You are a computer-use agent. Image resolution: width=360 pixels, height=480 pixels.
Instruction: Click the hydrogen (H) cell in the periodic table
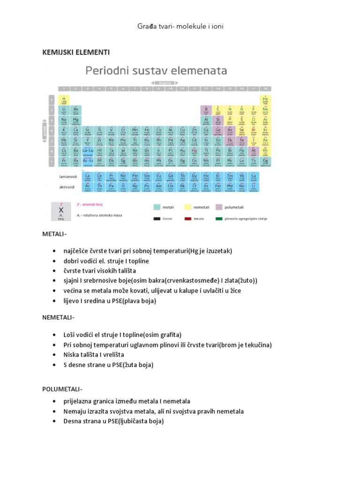[x=63, y=99]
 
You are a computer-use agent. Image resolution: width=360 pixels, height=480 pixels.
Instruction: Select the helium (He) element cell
[x=265, y=99]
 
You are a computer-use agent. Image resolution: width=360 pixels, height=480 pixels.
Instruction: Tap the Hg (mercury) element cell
[x=194, y=151]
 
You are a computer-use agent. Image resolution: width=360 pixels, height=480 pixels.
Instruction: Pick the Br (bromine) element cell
[x=254, y=130]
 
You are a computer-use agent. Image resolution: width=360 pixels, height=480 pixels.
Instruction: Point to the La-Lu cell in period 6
[x=87, y=151]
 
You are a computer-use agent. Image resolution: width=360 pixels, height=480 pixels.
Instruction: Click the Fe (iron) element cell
[x=147, y=130]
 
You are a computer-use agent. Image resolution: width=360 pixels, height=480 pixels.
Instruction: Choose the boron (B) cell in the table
[x=206, y=110]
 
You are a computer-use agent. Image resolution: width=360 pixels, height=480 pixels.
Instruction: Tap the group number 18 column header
[x=265, y=88]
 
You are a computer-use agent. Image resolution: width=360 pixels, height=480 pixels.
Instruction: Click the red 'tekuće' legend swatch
[x=187, y=218]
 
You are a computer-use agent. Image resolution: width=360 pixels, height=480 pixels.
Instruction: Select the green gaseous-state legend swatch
[x=219, y=218]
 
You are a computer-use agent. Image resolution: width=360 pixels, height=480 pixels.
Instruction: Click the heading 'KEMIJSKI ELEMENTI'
[x=76, y=52]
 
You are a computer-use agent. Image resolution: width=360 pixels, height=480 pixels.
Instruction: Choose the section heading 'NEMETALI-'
[x=58, y=318]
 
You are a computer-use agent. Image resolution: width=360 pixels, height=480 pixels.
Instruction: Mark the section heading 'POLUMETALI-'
[x=62, y=389]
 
